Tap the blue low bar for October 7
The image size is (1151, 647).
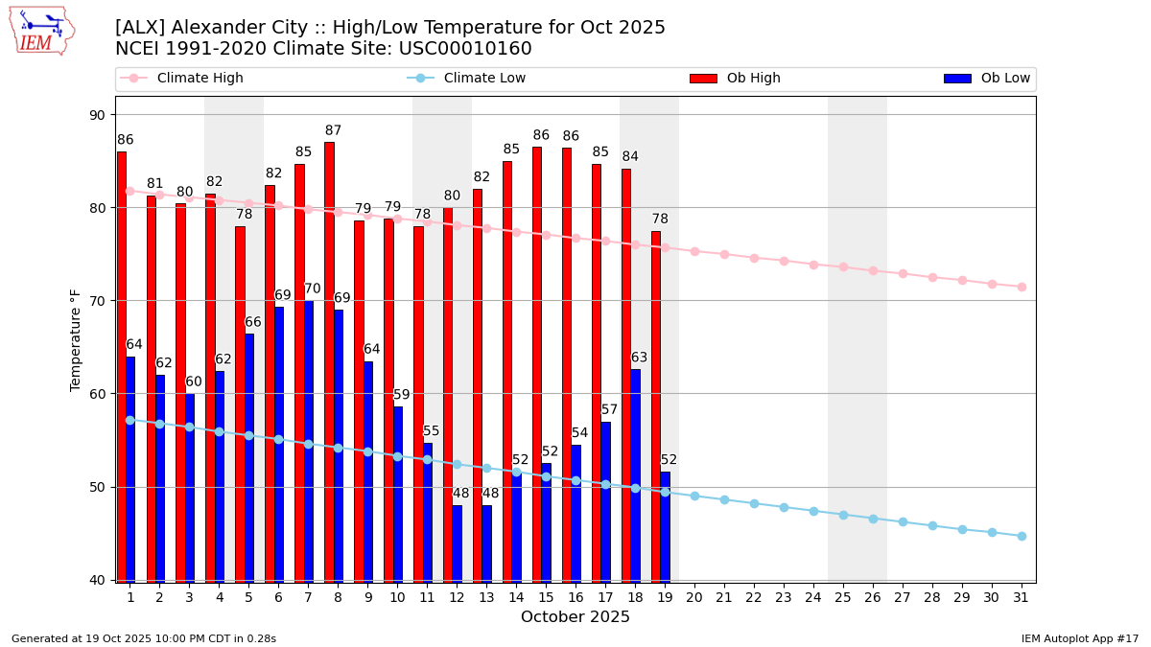(x=308, y=441)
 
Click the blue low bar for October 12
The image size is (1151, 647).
(x=457, y=543)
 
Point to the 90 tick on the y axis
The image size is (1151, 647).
(x=97, y=115)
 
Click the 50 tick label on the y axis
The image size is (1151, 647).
(x=97, y=487)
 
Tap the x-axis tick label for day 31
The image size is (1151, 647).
(x=1022, y=597)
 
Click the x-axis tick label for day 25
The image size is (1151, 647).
(x=843, y=597)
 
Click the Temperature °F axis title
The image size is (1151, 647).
(x=76, y=339)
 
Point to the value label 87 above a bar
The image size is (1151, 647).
(x=333, y=131)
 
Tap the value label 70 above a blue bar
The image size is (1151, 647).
(x=313, y=289)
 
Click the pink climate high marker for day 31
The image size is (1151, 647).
(x=1022, y=287)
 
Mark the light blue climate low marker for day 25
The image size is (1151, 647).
(x=843, y=515)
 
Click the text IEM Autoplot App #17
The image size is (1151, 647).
(x=1080, y=638)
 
